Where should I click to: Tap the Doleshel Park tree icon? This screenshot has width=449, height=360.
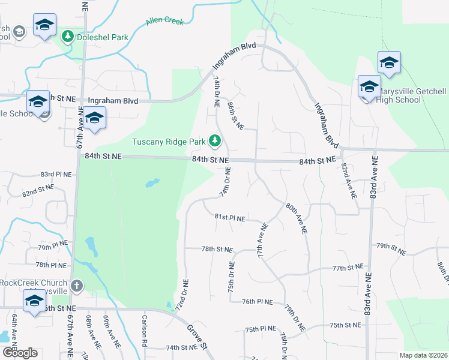[68, 37]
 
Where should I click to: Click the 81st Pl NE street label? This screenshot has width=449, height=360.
[230, 218]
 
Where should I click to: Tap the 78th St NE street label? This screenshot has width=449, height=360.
[216, 248]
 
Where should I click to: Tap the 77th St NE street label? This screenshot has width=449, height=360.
[348, 266]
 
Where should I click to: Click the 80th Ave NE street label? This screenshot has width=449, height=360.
[297, 218]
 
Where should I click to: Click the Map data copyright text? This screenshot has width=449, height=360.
[423, 355]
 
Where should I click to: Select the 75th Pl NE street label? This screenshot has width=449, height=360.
[261, 329]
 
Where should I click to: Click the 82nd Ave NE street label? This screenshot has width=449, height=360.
[349, 180]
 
